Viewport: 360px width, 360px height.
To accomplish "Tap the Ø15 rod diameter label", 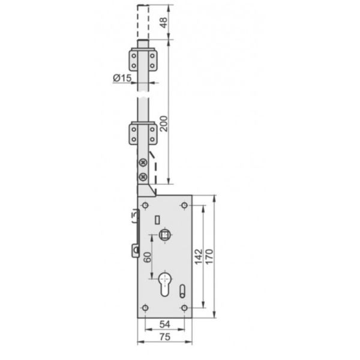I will click(122, 77).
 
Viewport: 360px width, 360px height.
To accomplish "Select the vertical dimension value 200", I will click(163, 124).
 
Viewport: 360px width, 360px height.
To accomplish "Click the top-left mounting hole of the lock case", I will click(145, 206).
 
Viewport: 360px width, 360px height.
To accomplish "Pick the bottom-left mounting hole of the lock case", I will click(145, 308).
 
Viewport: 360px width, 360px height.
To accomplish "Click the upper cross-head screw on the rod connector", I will click(142, 163).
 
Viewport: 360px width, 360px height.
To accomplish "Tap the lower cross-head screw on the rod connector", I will click(142, 176).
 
